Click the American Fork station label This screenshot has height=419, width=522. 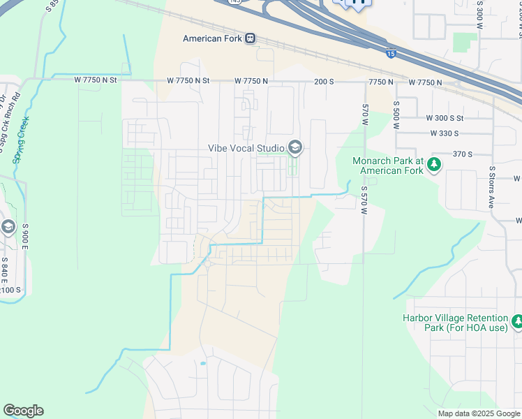pyautogui.click(x=212, y=39)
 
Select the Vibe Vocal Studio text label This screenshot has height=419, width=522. pyautogui.click(x=246, y=148)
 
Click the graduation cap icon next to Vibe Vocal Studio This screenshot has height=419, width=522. pyautogui.click(x=295, y=147)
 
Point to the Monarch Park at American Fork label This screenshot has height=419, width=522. pyautogui.click(x=387, y=166)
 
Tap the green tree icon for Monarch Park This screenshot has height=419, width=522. pyautogui.click(x=434, y=165)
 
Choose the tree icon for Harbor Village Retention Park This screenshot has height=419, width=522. pyautogui.click(x=517, y=322)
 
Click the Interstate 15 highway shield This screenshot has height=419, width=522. pyautogui.click(x=389, y=53)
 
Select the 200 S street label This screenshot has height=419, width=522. pyautogui.click(x=324, y=82)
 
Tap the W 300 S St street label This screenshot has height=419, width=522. pyautogui.click(x=445, y=119)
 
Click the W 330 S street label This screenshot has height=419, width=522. pyautogui.click(x=444, y=133)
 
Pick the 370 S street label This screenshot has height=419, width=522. pyautogui.click(x=462, y=154)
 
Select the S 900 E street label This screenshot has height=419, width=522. pyautogui.click(x=25, y=237)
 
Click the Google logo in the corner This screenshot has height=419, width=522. pyautogui.click(x=23, y=411)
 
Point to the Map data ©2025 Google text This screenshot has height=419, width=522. pyautogui.click(x=478, y=413)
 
